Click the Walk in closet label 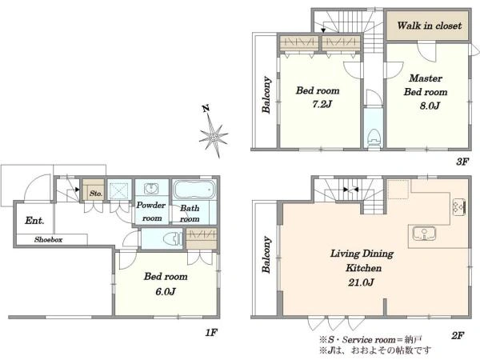pyautogui.click(x=429, y=26)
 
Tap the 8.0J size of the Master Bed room pyautogui.click(x=430, y=106)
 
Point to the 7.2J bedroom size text pyautogui.click(x=322, y=104)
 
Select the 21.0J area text pyautogui.click(x=361, y=282)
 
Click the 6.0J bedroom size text pyautogui.click(x=166, y=291)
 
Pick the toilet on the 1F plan pyautogui.click(x=172, y=238)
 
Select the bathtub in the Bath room pyautogui.click(x=194, y=190)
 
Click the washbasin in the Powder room pyautogui.click(x=151, y=188)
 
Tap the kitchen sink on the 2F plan pyautogui.click(x=424, y=234)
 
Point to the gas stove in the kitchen pyautogui.click(x=458, y=207)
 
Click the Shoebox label pyautogui.click(x=48, y=239)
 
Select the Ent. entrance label pyautogui.click(x=34, y=221)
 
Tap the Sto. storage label pyautogui.click(x=96, y=194)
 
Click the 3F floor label pyautogui.click(x=462, y=162)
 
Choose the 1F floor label pyautogui.click(x=211, y=332)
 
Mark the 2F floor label pyautogui.click(x=458, y=335)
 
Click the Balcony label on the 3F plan pyautogui.click(x=266, y=94)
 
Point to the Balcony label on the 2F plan pyautogui.click(x=266, y=254)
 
